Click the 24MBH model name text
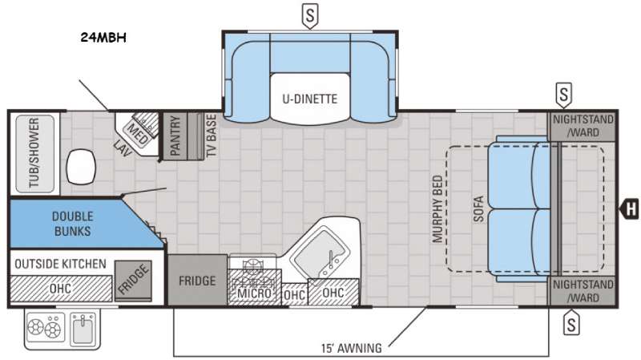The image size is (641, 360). point(103,38)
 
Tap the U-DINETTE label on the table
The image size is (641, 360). point(310,99)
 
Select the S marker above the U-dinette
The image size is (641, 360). point(310,16)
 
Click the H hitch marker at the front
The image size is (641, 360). point(630,209)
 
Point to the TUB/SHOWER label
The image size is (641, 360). point(34,153)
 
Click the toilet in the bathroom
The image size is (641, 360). point(81,167)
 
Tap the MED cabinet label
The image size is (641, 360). point(138,133)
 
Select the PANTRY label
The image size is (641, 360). point(175,136)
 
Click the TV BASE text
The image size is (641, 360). point(211,136)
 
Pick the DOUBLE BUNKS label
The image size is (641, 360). point(72,224)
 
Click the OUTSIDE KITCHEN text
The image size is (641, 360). point(61,264)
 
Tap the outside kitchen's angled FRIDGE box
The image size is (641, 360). point(133,281)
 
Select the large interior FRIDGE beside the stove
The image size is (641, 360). point(197,280)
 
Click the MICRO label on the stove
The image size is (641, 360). point(254,293)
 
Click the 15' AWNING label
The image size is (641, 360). point(352,348)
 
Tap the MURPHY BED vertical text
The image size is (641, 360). point(437,208)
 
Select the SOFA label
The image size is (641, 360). point(478,208)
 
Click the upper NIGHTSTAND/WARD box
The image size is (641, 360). point(583,126)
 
